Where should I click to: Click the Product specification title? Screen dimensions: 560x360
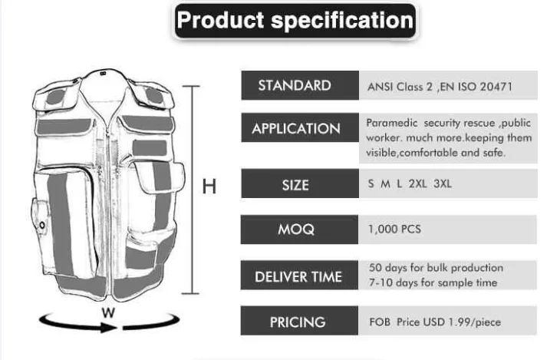coord(295,21)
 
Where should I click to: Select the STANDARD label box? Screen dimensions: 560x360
coord(300,85)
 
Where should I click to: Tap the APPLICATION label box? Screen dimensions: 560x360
coord(300,128)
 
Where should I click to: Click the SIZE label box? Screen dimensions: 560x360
coord(300,184)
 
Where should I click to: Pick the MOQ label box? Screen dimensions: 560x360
coord(300,229)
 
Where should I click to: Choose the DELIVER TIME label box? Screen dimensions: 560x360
coord(300,276)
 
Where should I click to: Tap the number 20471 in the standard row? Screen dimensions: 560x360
coord(496,87)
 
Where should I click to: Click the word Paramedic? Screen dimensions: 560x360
coord(392,123)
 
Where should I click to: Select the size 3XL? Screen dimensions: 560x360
coord(443,184)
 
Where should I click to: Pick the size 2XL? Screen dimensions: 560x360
coord(419,184)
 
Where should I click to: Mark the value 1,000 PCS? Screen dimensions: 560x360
coord(394,229)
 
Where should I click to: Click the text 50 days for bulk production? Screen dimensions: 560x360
coord(436,268)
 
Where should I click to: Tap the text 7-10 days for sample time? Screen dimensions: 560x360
coord(433,282)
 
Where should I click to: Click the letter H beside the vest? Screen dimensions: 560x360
coord(209,185)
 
